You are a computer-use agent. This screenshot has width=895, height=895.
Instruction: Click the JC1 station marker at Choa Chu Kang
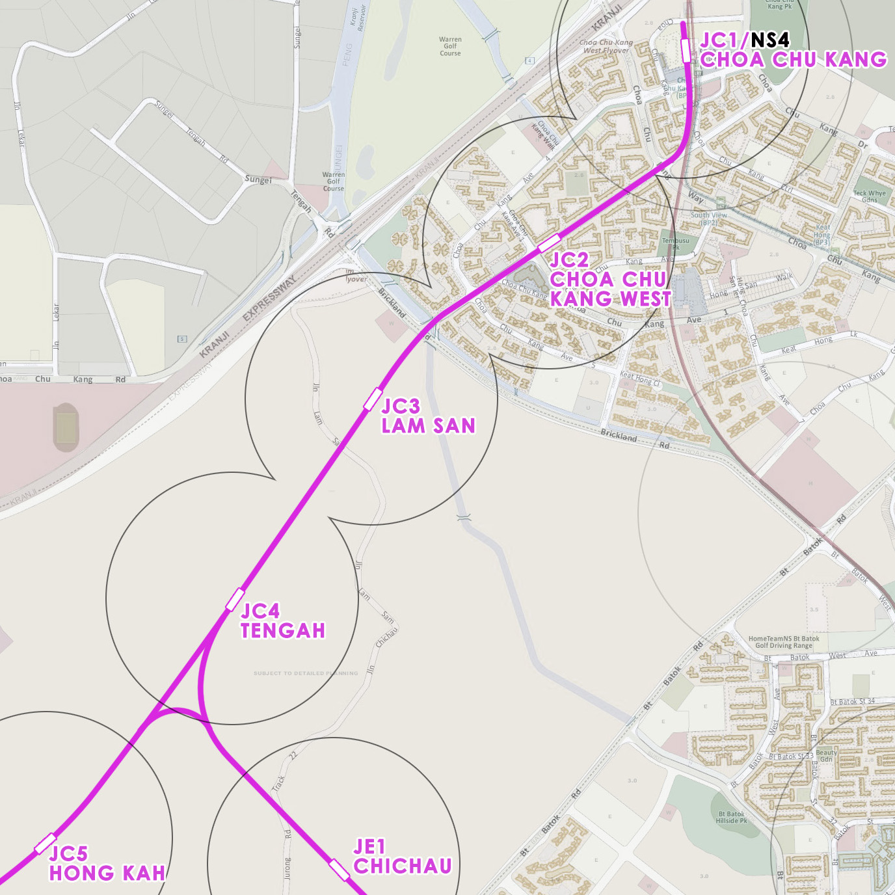point(686,50)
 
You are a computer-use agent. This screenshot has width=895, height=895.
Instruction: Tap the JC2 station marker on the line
point(549,243)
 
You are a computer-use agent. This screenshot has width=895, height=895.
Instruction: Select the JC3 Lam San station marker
point(373,399)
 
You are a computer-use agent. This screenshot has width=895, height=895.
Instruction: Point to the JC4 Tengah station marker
point(235,600)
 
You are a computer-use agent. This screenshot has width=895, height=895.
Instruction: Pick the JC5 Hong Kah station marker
point(46,844)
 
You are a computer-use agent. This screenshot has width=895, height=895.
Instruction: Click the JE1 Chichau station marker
point(339,869)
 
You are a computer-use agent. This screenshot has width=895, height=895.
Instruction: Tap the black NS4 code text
point(770,40)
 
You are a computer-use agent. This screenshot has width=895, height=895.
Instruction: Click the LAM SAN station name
point(428,426)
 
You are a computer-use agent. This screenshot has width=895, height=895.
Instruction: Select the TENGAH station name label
point(282,630)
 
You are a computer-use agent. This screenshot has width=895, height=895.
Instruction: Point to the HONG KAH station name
point(107,873)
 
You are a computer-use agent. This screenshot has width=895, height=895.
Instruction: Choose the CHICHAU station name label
point(403,866)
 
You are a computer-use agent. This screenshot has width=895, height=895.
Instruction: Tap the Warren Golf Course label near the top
point(450,46)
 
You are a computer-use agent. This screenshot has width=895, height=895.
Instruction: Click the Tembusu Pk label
point(676,244)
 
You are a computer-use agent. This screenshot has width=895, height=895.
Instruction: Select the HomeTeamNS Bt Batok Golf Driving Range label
point(784,642)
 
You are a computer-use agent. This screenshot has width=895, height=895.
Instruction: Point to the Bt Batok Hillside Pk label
point(732,817)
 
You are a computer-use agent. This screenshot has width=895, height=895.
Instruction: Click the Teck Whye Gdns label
point(869,196)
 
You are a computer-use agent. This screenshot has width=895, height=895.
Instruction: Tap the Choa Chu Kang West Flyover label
point(606,46)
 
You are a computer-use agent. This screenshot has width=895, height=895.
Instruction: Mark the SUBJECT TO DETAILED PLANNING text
point(306,673)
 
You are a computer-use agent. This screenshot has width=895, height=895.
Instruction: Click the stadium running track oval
point(65,427)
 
